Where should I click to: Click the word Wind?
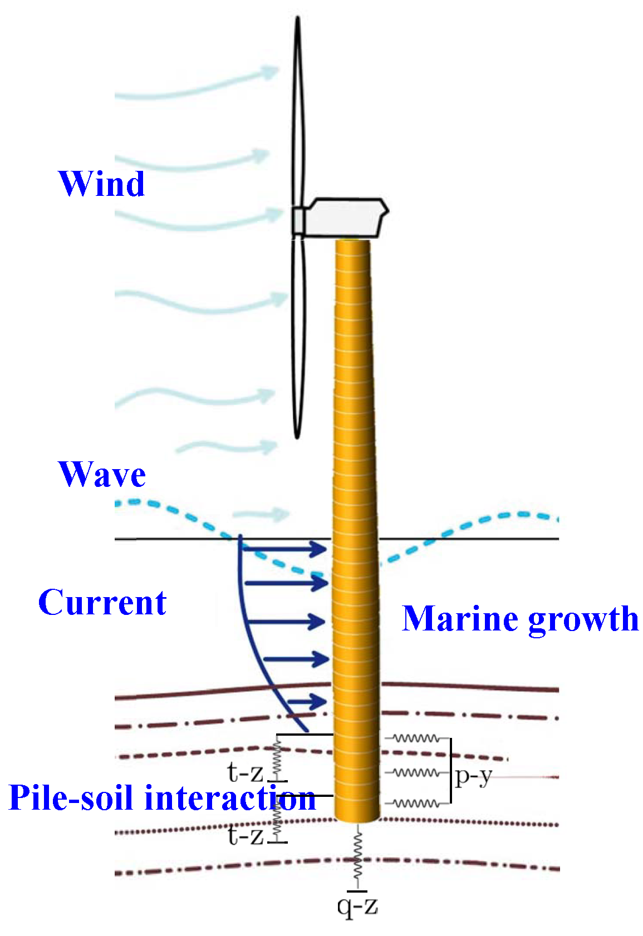click(101, 184)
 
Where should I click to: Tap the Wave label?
click(102, 475)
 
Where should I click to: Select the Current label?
click(102, 603)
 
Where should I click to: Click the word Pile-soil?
click(72, 797)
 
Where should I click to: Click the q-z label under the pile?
click(357, 906)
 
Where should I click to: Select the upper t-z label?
click(245, 772)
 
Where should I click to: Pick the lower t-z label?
click(245, 835)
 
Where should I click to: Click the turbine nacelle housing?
click(345, 218)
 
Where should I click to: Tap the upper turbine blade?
click(299, 111)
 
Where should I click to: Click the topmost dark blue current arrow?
click(284, 549)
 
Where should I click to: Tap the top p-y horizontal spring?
click(416, 738)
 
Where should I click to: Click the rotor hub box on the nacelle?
click(299, 221)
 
